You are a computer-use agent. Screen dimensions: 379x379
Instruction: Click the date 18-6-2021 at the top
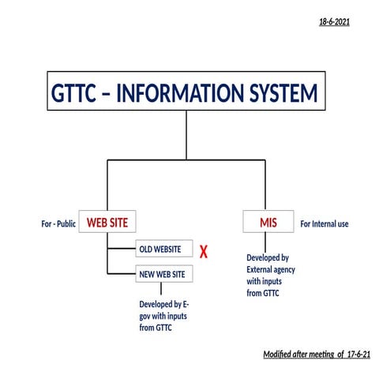pyautogui.click(x=334, y=22)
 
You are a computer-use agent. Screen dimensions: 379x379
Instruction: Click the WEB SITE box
pyautogui.click(x=107, y=223)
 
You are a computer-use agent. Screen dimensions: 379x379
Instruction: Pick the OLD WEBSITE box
pyautogui.click(x=160, y=250)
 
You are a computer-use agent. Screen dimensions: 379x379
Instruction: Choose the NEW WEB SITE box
pyautogui.click(x=162, y=274)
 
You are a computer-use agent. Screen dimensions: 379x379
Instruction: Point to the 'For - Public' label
pyautogui.click(x=58, y=224)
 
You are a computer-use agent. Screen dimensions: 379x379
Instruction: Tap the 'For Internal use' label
pyautogui.click(x=325, y=224)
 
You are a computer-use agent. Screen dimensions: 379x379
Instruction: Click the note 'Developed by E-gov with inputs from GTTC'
pyautogui.click(x=164, y=316)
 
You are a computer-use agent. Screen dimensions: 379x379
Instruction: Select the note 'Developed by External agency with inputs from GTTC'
pyautogui.click(x=268, y=276)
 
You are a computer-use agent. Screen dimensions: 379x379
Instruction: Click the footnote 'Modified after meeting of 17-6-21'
pyautogui.click(x=306, y=355)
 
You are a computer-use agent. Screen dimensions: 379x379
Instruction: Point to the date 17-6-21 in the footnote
pyautogui.click(x=334, y=355)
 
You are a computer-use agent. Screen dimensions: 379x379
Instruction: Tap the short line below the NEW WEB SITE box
pyautogui.click(x=161, y=290)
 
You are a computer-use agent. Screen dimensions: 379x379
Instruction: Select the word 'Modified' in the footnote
pyautogui.click(x=279, y=355)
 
